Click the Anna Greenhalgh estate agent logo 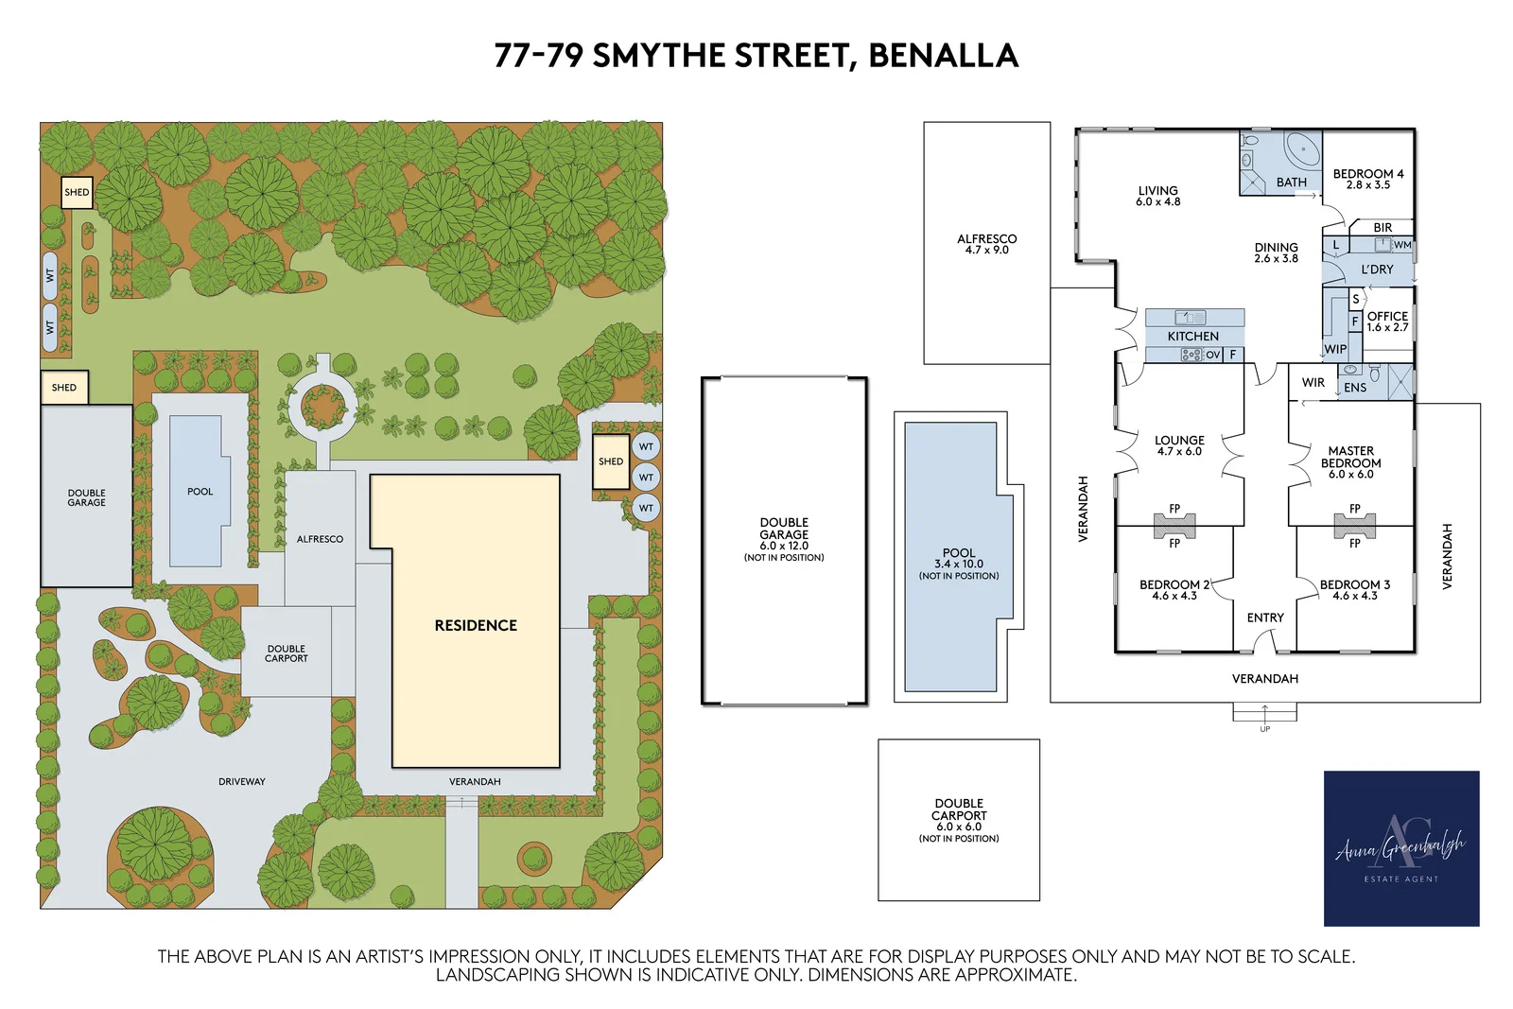click(1400, 847)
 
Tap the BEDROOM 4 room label click(1367, 179)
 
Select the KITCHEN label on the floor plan click(1192, 336)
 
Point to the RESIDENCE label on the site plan click(476, 625)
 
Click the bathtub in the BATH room click(1303, 149)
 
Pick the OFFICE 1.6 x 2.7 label click(1387, 322)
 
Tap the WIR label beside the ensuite click(1313, 382)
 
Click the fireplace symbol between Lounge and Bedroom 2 click(1174, 526)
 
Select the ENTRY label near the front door click(1265, 618)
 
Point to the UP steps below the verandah click(1264, 714)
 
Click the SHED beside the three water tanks click(611, 461)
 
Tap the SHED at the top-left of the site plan click(77, 192)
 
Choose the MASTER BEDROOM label click(1350, 461)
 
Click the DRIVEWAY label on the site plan click(242, 781)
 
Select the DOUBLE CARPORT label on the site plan click(286, 653)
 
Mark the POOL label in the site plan click(200, 492)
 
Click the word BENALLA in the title click(943, 56)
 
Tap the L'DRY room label click(1377, 270)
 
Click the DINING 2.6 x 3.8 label click(1276, 252)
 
